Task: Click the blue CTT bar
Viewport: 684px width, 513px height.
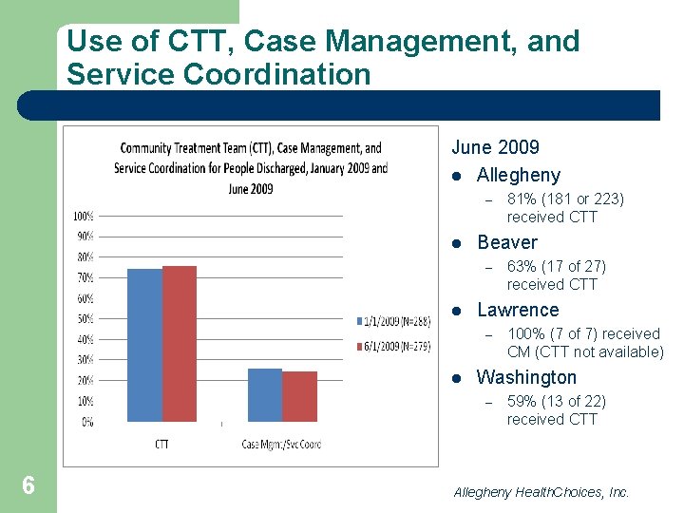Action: pos(144,345)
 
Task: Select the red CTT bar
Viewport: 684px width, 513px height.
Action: pos(180,344)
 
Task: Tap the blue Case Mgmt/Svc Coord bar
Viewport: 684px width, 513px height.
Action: pos(265,395)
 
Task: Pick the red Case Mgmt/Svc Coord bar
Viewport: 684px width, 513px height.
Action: pos(299,396)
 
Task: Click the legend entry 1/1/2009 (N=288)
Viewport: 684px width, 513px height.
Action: pos(394,321)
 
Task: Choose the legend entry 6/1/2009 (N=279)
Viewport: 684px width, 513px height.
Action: pos(394,347)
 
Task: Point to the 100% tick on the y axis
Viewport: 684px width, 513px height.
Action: pos(84,216)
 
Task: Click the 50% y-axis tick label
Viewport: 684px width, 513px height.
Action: pos(85,319)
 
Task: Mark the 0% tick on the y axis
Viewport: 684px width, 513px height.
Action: pos(87,422)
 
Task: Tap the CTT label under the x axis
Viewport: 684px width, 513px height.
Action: pos(161,444)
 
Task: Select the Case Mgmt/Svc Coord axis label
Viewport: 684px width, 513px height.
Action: pos(282,444)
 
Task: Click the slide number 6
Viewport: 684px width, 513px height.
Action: pos(28,485)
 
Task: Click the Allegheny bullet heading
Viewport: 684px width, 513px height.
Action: pos(519,175)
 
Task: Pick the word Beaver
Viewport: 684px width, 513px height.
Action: pos(507,242)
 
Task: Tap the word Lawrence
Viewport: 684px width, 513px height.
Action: pos(519,310)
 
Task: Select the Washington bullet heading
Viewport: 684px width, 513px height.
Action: pos(526,377)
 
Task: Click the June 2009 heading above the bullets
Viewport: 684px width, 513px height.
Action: pos(496,147)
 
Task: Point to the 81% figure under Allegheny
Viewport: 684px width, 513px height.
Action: pos(522,199)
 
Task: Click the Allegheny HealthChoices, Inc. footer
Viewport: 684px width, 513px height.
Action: pos(541,492)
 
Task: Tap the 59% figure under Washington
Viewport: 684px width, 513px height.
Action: pos(522,401)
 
